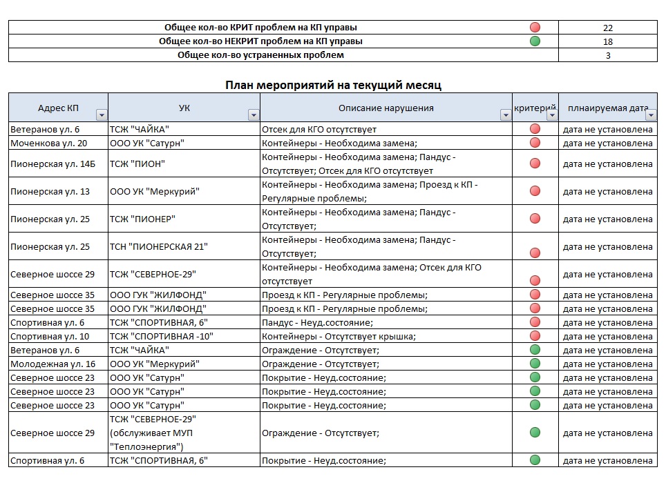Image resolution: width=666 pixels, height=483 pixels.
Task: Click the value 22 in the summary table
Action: click(607, 28)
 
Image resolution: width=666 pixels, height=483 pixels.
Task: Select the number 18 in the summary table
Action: click(607, 41)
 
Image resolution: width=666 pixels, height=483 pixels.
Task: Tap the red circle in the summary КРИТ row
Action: click(535, 28)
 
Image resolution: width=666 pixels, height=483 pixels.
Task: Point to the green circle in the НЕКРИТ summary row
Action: click(535, 41)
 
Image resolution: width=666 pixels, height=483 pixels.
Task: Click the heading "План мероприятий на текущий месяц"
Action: click(333, 85)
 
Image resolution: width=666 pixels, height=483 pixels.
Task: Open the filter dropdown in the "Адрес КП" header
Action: click(102, 115)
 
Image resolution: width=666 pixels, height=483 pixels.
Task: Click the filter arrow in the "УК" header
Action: click(254, 115)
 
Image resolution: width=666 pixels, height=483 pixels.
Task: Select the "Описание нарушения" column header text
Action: click(386, 108)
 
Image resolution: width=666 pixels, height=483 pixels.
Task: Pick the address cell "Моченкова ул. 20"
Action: click(49, 143)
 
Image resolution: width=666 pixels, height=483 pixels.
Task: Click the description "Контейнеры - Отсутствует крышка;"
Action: click(339, 336)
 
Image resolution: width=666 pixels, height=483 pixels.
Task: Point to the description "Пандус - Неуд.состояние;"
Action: click(317, 322)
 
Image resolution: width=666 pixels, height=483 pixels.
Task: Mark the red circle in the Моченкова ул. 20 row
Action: click(535, 143)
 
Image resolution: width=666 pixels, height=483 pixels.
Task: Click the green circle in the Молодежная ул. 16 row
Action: click(535, 364)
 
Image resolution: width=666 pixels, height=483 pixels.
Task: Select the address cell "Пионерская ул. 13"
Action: click(50, 191)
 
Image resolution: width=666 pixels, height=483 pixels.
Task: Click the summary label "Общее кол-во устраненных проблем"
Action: click(260, 55)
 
